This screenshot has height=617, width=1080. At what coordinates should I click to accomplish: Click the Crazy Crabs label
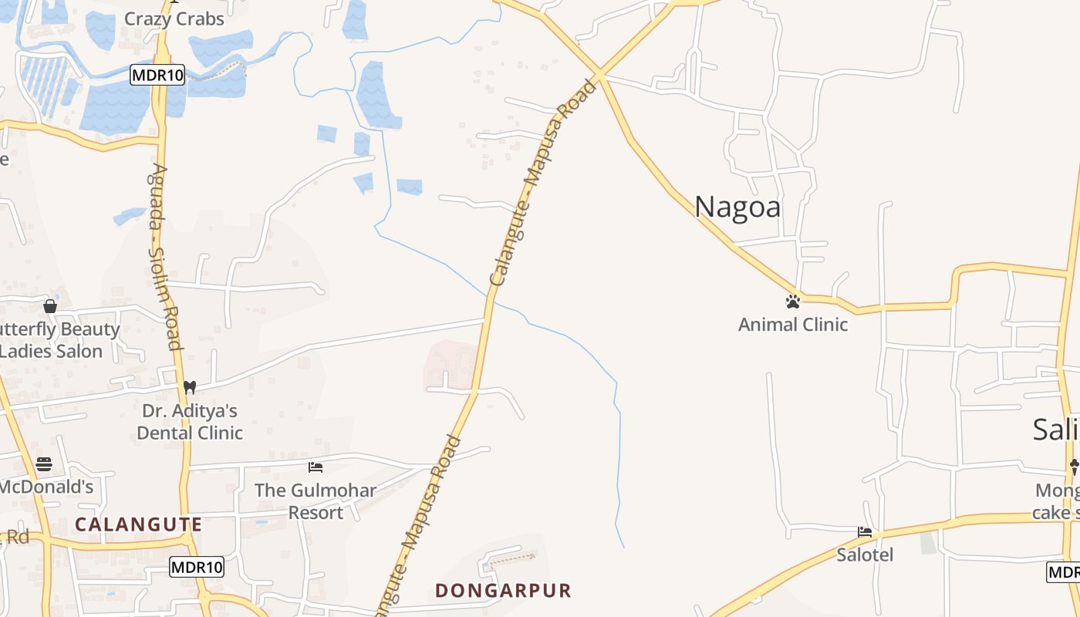174,19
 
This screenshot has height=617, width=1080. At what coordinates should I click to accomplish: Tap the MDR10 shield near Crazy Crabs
157,75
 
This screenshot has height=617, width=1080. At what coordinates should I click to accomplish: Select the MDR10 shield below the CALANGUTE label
197,568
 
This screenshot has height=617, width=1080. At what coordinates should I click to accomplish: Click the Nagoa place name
737,207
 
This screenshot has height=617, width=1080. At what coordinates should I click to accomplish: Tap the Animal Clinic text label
793,325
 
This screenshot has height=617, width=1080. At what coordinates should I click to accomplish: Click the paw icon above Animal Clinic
793,302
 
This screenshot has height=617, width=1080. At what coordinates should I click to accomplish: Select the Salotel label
865,555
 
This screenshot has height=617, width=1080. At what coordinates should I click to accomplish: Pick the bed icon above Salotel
865,532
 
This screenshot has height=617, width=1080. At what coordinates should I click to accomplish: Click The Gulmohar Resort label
316,501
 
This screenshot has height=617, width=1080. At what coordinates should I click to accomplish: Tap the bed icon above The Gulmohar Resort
315,467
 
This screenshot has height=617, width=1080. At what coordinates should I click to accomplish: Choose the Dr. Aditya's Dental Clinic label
190,421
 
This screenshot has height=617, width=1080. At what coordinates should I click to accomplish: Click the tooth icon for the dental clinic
190,387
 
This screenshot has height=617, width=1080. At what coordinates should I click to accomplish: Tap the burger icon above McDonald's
44,464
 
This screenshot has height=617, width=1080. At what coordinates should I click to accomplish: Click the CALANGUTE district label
138,524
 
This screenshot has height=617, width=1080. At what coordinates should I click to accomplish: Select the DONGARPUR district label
503,591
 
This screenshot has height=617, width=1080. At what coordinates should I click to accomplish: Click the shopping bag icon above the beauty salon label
50,306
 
